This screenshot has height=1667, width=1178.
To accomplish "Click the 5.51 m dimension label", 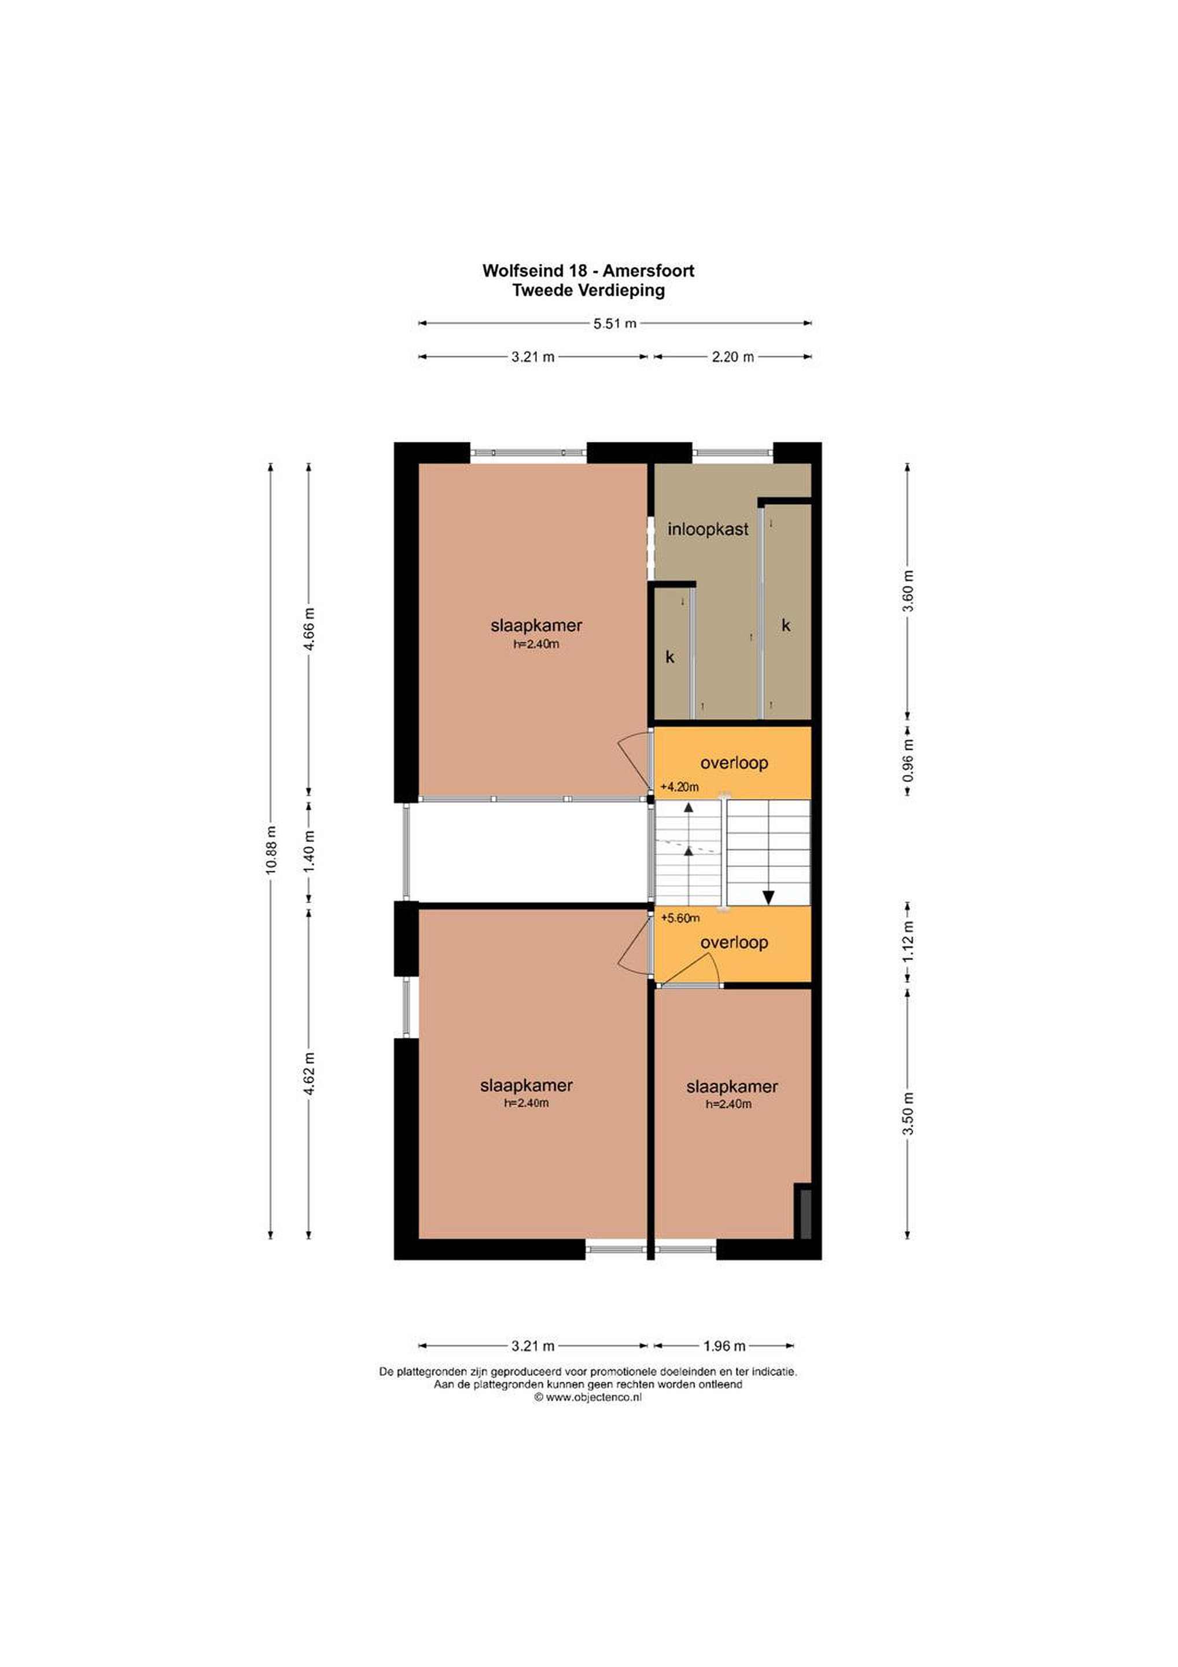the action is (x=615, y=323).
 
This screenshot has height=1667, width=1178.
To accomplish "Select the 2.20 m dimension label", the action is (x=732, y=357).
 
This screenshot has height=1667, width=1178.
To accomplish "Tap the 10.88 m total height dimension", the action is (x=271, y=850).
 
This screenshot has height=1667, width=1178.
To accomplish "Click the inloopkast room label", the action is (x=708, y=528).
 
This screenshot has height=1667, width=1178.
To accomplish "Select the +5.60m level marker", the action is (x=680, y=918).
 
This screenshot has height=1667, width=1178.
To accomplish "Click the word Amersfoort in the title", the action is (x=648, y=271).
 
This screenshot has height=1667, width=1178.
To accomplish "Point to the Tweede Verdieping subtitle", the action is (x=588, y=291).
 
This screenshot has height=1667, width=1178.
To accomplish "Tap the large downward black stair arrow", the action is (x=768, y=896).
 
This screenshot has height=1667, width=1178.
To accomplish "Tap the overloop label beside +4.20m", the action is (x=734, y=763).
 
